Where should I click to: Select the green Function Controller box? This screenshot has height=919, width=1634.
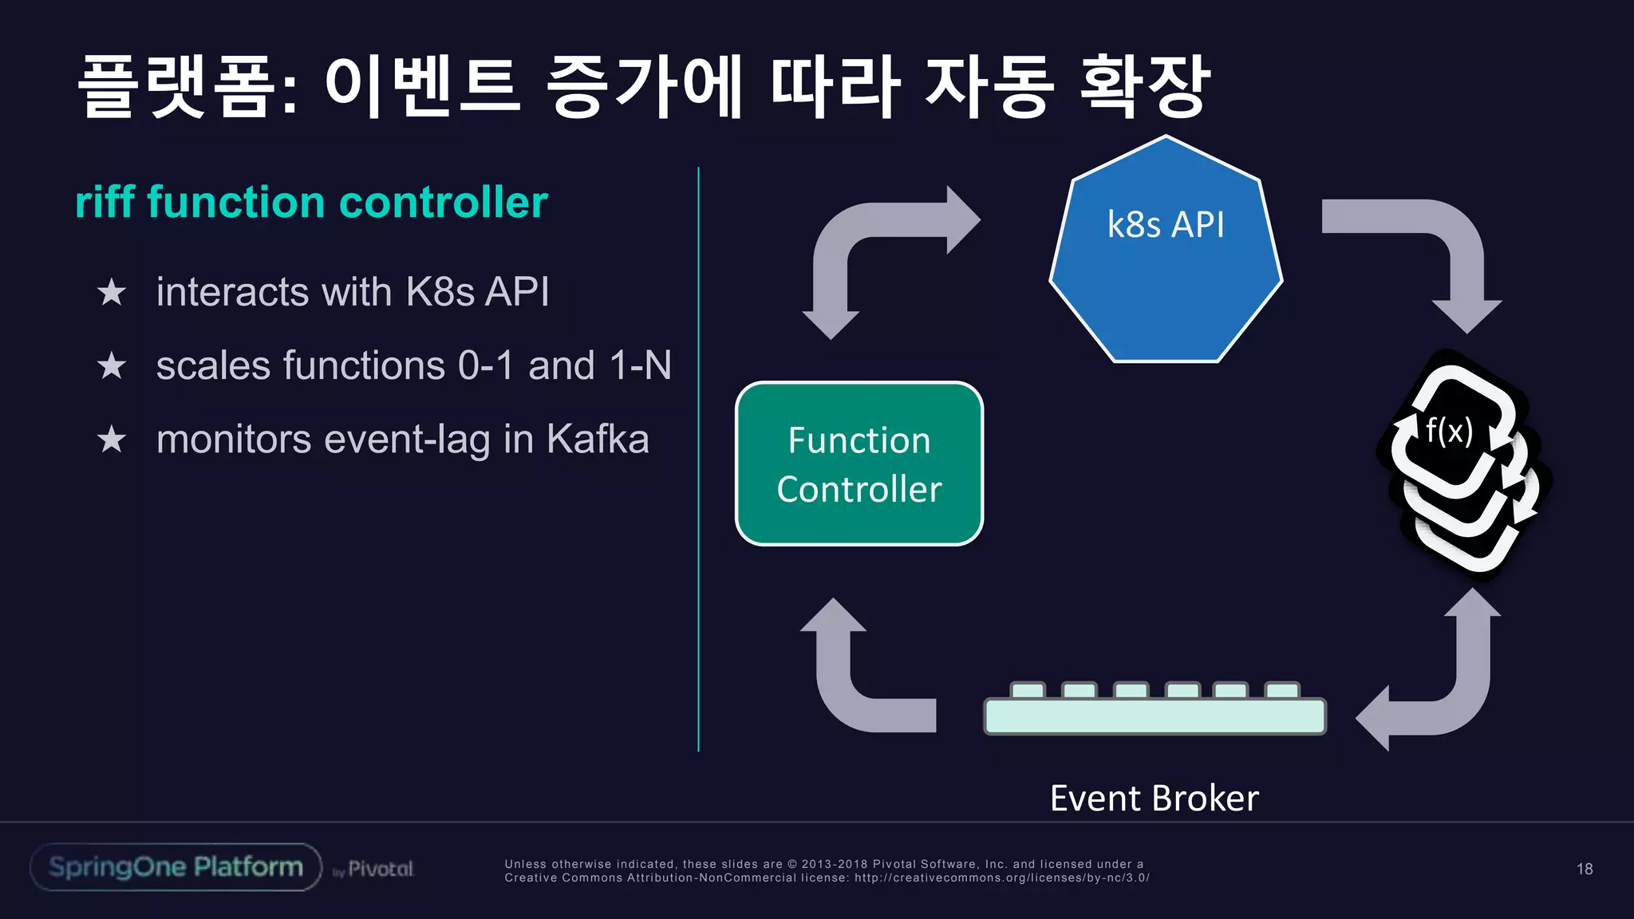coord(858,463)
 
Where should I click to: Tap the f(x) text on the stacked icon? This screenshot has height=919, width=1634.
coord(1449,431)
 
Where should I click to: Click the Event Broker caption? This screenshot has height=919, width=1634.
coord(1154,799)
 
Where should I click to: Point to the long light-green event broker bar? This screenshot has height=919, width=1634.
coord(1154,716)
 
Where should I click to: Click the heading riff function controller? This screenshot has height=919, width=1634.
coord(311,202)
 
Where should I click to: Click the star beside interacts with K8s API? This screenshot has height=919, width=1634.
coord(112,293)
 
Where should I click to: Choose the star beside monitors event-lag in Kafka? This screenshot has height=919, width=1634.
coord(112,440)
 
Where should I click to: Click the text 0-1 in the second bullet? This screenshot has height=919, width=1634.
coord(486,366)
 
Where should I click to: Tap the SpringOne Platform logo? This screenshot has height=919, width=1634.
coord(176,867)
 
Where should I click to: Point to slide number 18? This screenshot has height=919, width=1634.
coord(1585,869)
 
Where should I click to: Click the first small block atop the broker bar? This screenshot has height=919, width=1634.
coord(1028,690)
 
